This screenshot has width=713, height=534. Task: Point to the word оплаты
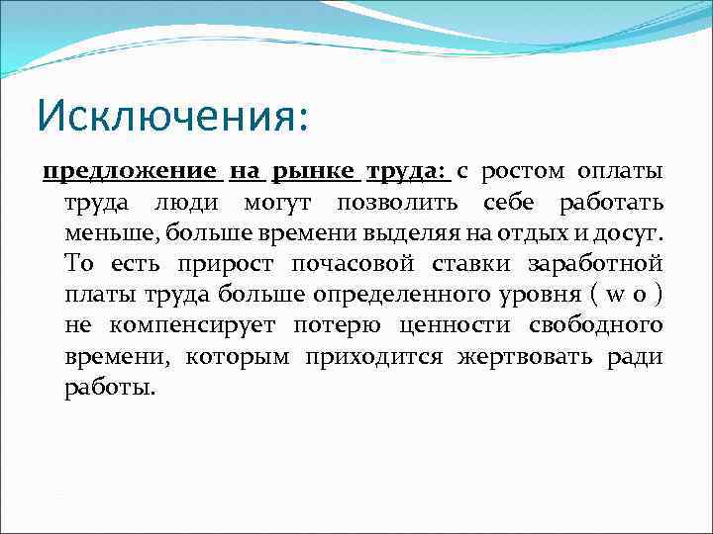(x=621, y=172)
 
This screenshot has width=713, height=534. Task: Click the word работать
(x=611, y=204)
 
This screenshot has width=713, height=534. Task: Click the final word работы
(x=109, y=388)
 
